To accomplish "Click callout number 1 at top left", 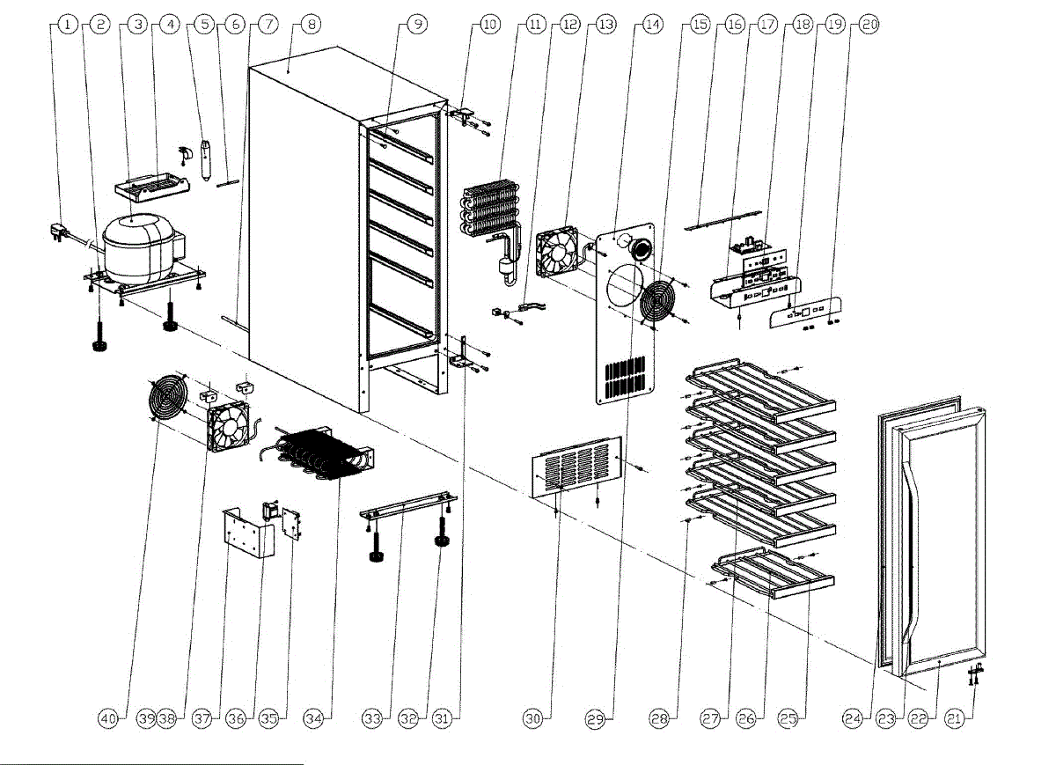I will point(66,26).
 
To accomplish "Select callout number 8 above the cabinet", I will point(309,26).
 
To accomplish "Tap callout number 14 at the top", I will point(651,26).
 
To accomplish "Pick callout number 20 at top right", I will point(869,26).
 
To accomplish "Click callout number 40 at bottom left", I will point(107,719).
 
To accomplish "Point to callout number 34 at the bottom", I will point(313,719).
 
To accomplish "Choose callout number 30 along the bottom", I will point(532,719).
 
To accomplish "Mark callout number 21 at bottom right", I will point(953,719).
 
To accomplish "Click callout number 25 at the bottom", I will point(788,719).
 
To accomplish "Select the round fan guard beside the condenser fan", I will point(167,401).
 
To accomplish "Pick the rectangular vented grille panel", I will point(577,465).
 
